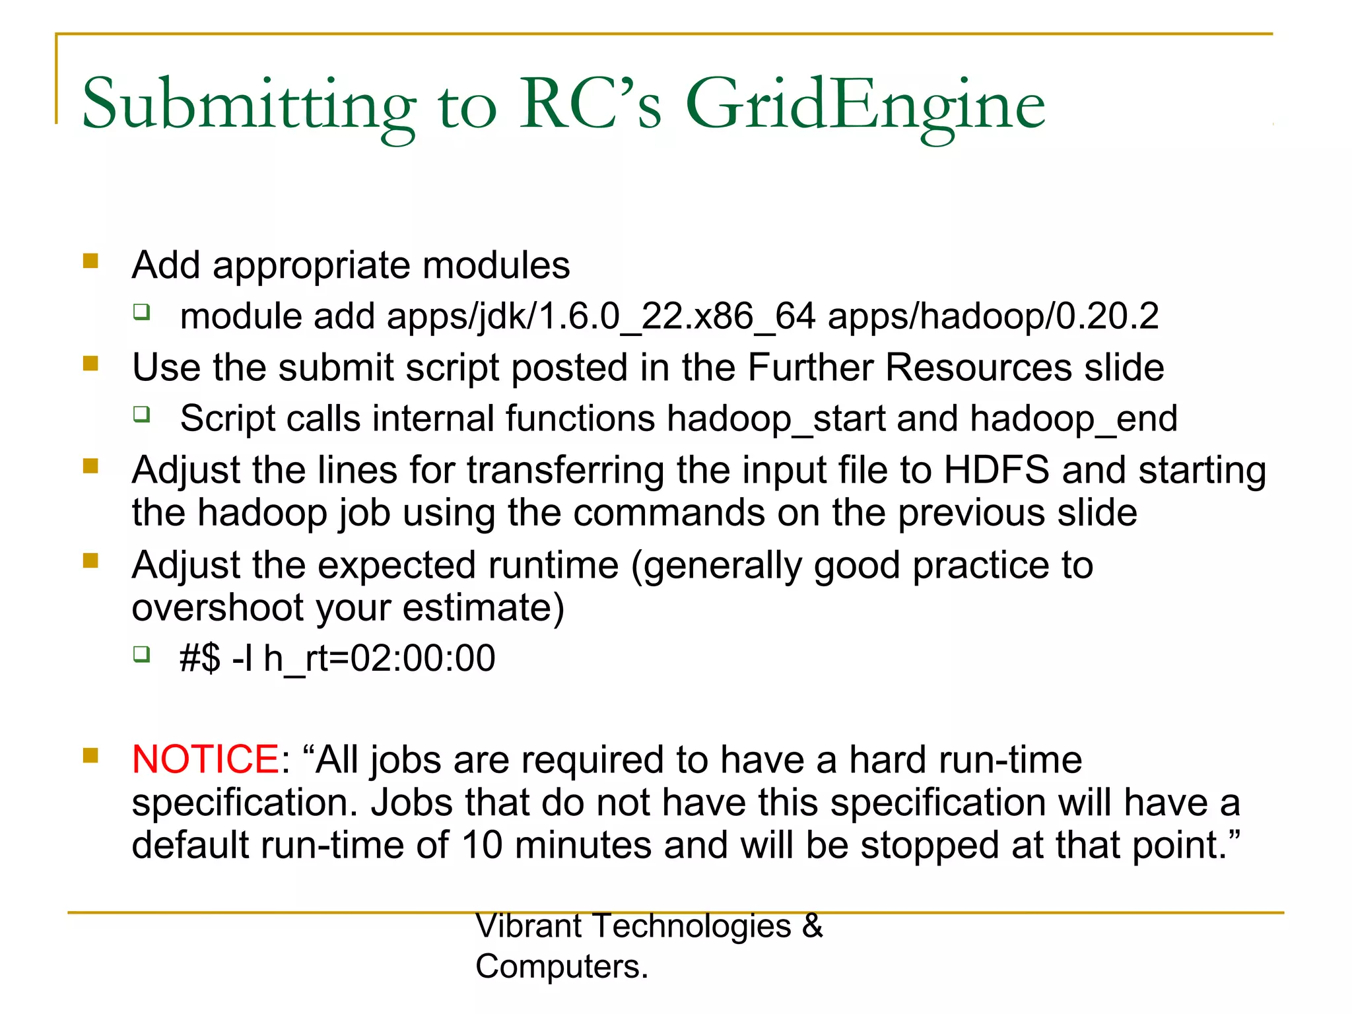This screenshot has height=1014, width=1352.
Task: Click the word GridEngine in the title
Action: pos(865,106)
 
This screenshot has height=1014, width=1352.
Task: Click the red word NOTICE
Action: pos(205,759)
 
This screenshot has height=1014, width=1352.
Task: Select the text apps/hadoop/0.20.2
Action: pos(993,316)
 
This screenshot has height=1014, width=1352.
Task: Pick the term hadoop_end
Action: pos(1073,419)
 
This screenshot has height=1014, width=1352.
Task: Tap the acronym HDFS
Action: pos(996,470)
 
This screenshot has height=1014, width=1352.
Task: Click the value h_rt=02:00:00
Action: pos(379,658)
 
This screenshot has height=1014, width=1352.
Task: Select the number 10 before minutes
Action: pos(482,845)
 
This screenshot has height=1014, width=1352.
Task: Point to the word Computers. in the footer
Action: pos(562,966)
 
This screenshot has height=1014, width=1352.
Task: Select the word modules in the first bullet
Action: pos(496,265)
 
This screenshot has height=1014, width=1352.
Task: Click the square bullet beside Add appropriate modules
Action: pos(90,261)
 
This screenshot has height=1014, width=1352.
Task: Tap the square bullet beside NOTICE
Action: pos(90,755)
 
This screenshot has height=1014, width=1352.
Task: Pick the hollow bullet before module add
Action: pos(142,312)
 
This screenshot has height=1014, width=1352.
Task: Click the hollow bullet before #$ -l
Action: pos(142,654)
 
